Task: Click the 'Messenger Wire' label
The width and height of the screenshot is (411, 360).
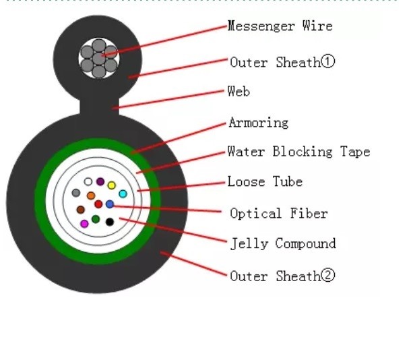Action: (x=280, y=26)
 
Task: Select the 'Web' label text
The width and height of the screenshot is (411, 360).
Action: (x=239, y=91)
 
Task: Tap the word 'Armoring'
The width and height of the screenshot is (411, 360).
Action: (x=258, y=123)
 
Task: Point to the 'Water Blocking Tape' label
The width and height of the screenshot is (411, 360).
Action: (x=298, y=152)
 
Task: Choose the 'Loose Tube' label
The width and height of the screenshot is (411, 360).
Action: (x=264, y=182)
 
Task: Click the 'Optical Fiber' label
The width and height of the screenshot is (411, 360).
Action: (x=278, y=214)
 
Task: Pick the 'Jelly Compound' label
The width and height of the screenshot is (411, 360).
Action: (x=282, y=243)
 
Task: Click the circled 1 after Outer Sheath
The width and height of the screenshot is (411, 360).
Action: (x=327, y=62)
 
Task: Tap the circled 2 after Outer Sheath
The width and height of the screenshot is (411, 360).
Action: (x=327, y=276)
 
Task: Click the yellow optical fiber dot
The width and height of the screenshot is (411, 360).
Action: (x=112, y=185)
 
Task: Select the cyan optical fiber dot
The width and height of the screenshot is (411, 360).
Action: (x=123, y=194)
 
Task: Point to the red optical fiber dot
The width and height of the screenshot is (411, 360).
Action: (x=98, y=204)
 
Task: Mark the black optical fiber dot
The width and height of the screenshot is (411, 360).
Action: (x=109, y=221)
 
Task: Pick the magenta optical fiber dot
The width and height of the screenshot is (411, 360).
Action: (x=84, y=223)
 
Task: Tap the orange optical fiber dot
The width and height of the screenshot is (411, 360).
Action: (x=91, y=196)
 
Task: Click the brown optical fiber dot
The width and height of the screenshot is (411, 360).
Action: (x=81, y=210)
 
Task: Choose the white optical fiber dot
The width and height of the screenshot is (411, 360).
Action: (x=88, y=181)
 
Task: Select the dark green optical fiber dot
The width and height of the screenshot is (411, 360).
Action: (x=96, y=218)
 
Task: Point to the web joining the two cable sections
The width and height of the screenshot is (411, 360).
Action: (x=98, y=107)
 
